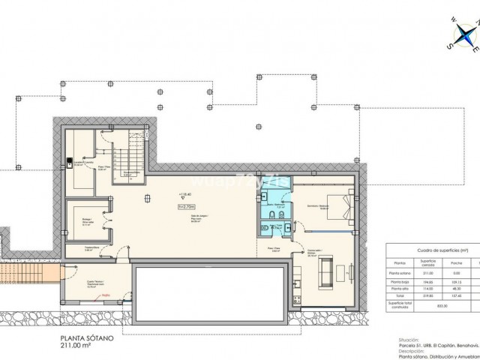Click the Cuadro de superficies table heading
pos(433,250)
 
